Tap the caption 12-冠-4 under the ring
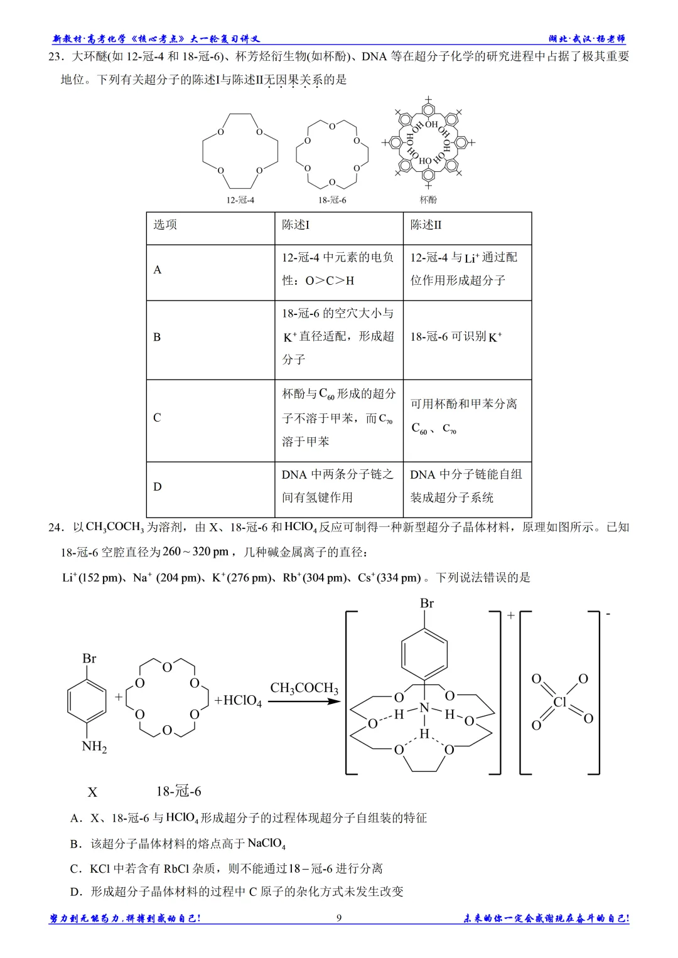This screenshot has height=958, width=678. (x=240, y=200)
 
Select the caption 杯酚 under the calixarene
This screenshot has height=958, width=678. (x=428, y=200)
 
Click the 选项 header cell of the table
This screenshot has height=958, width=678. (x=165, y=225)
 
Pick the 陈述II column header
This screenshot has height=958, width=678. (x=426, y=225)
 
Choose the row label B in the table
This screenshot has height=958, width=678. (x=157, y=337)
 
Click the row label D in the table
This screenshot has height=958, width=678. (x=157, y=487)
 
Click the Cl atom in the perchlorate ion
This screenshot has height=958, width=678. (x=560, y=702)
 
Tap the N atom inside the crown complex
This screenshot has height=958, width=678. (x=424, y=708)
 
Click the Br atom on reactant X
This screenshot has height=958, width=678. (x=89, y=658)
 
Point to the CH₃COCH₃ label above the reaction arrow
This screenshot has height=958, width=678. (x=304, y=688)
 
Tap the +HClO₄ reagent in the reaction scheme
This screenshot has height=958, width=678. (x=238, y=701)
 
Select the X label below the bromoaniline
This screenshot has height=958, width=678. (x=92, y=792)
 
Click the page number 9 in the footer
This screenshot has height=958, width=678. (x=339, y=917)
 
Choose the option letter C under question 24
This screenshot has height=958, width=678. (x=75, y=869)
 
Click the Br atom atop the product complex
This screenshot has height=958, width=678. (x=427, y=604)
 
